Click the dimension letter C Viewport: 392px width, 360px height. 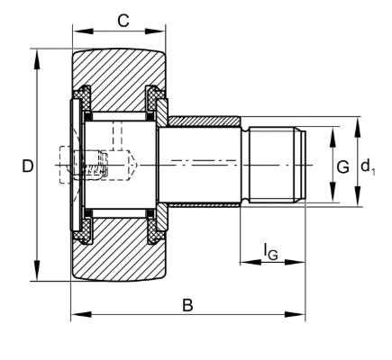123,21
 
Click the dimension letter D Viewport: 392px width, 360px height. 28,166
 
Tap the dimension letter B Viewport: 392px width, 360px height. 187,305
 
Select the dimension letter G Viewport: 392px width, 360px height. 342,166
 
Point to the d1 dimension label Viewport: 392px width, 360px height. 368,166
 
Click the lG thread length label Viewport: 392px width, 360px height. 270,251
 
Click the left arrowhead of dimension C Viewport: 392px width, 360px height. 83,31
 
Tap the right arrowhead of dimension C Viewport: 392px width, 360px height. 155,31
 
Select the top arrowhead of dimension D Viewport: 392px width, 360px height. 37,59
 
